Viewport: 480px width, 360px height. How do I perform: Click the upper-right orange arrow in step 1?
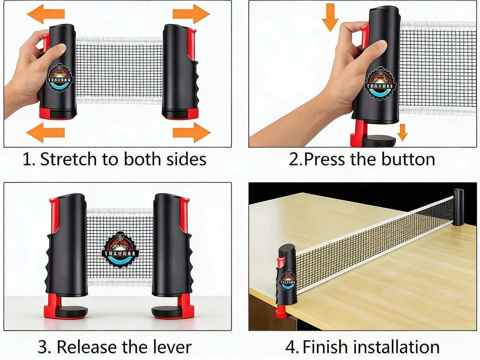(x=191, y=14)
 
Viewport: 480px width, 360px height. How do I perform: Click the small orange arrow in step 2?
(x=402, y=132)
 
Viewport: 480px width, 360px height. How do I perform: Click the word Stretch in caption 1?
(x=68, y=159)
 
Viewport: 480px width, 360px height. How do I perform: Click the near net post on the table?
(x=286, y=277)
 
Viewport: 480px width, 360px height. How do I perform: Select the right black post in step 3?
(x=172, y=244)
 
